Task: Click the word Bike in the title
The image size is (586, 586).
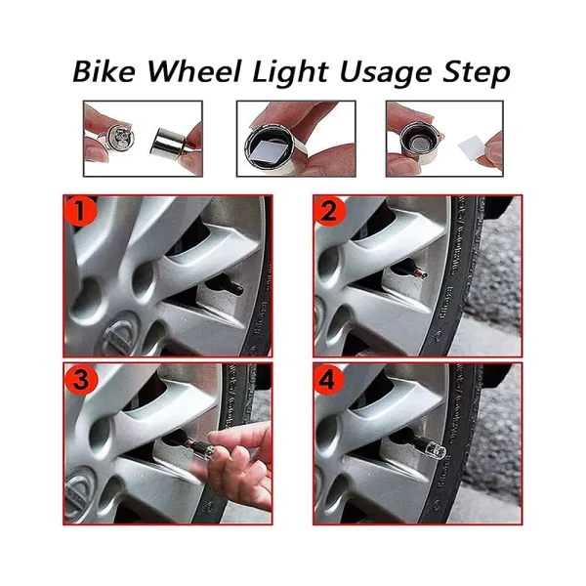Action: (x=104, y=71)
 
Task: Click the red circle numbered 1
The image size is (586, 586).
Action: (x=80, y=212)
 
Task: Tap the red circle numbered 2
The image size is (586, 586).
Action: (x=330, y=212)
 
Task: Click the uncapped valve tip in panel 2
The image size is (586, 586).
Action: (x=422, y=275)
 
